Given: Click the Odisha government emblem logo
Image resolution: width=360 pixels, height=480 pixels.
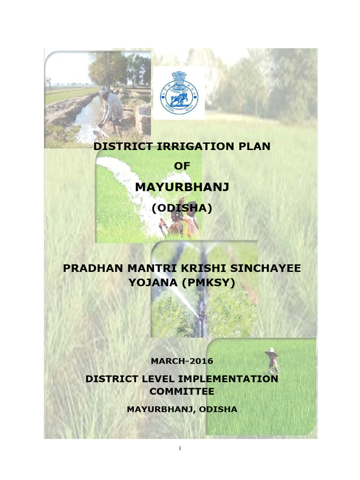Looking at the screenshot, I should pos(179,92).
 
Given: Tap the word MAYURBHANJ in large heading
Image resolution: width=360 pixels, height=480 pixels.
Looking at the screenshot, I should pos(182,187).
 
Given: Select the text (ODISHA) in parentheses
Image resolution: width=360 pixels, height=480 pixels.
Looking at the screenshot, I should pos(182,208).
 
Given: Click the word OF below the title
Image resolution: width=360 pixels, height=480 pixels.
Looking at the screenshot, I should pos(182,166).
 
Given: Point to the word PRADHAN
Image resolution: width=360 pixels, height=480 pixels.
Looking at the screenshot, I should pos(90,268).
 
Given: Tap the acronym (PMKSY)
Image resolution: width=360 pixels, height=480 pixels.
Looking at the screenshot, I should pos(210,282).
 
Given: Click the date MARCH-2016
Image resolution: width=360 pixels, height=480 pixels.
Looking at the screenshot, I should pos(182,361).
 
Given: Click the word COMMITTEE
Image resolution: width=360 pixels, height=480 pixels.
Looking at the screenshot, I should pos(182,391).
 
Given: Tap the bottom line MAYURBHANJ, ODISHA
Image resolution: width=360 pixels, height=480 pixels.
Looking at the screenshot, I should pos(182,409).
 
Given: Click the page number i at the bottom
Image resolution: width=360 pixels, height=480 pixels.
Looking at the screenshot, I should pos(180,449).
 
